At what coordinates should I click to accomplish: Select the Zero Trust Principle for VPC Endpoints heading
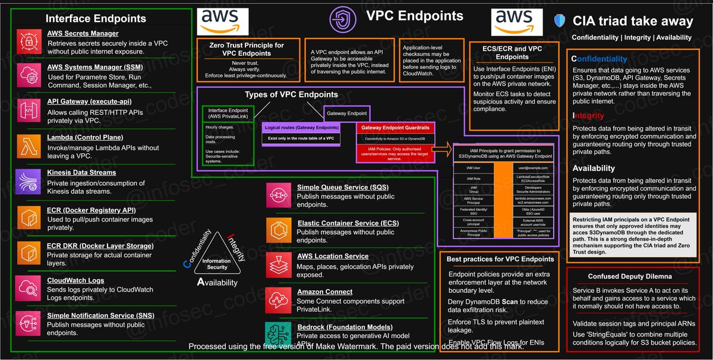[x=247, y=49]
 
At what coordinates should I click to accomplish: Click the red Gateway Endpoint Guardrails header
[x=396, y=127]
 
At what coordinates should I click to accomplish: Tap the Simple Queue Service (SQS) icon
[x=278, y=195]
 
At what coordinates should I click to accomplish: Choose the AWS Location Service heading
[x=333, y=256]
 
